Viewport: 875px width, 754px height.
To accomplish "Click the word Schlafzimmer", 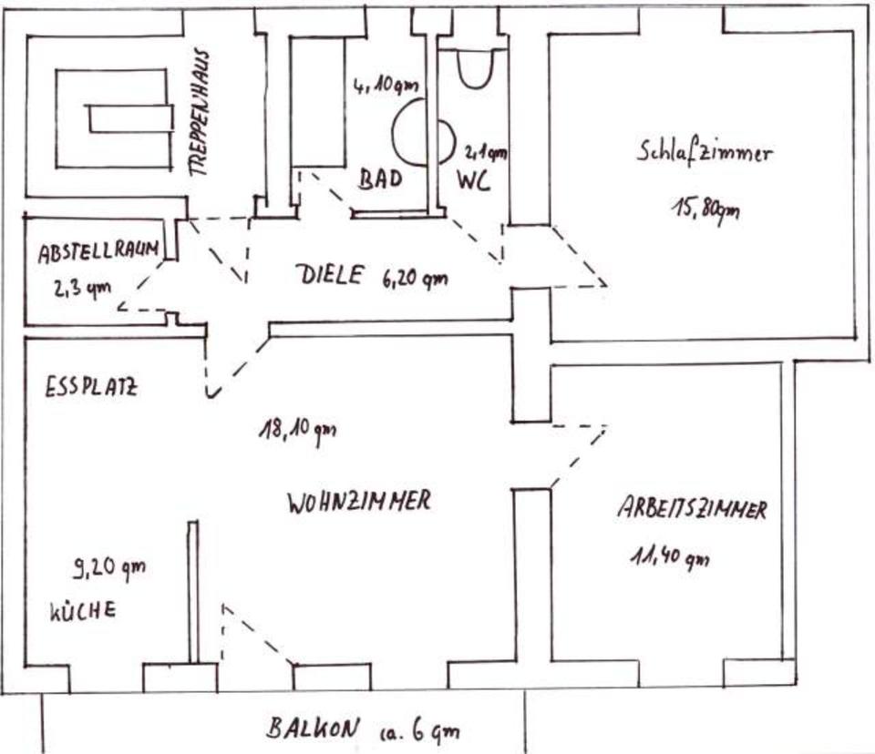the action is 704,152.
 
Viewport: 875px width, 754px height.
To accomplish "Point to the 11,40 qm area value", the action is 668,555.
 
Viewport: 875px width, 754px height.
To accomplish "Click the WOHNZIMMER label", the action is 357,501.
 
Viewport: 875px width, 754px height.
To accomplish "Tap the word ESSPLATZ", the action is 90,387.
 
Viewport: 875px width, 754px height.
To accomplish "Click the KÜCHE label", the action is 82,611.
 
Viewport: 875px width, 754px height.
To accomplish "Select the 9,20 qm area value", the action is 108,570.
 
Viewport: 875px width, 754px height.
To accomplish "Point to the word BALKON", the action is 308,728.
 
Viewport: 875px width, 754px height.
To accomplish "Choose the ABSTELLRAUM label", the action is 99,254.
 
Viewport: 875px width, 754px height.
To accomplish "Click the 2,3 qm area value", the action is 82,290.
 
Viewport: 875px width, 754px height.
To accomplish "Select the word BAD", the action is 379,179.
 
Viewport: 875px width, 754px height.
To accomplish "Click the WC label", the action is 473,181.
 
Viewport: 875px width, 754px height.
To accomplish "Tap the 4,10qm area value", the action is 386,87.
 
